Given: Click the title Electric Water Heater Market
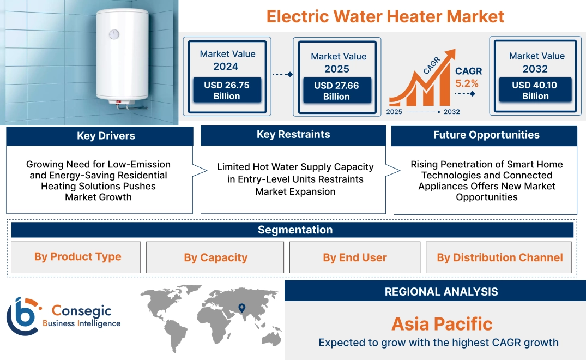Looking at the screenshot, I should (x=385, y=16).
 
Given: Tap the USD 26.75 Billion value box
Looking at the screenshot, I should (x=227, y=91).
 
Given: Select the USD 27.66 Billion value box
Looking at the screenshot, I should (x=336, y=91).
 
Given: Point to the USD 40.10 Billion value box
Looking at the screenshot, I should (x=535, y=91).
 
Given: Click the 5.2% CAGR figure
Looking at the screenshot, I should (x=467, y=83).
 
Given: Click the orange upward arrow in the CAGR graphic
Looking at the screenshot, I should (x=449, y=57).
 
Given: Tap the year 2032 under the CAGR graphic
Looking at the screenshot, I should (x=451, y=112).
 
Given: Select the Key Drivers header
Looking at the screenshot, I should (x=106, y=136).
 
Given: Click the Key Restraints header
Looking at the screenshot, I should (x=293, y=135).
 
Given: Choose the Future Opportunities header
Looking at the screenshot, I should (x=486, y=135).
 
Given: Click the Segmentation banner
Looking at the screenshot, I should (x=295, y=230).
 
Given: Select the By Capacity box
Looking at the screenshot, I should (x=215, y=257).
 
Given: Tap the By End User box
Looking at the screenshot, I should (x=354, y=257).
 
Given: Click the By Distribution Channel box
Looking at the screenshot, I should (x=499, y=257).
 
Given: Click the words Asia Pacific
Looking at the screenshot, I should (x=442, y=324).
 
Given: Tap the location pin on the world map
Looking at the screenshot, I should (x=241, y=309).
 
